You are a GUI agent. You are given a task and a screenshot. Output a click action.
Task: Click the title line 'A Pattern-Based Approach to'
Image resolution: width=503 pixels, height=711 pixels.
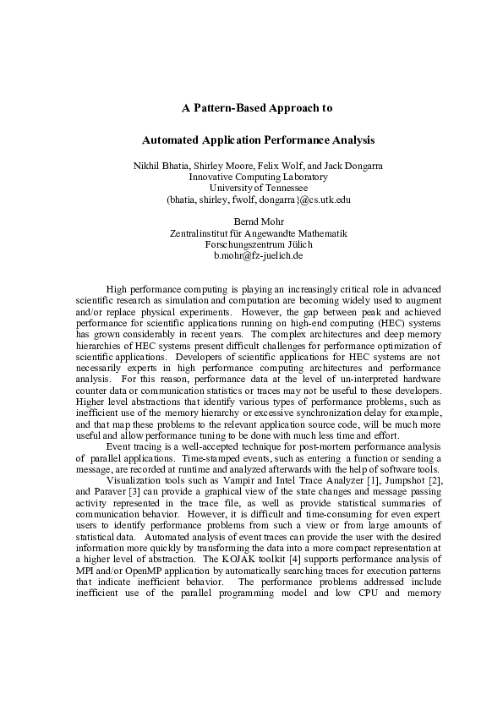pos(257,108)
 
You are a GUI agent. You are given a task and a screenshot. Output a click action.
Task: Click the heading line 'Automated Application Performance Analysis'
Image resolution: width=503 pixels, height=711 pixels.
pos(257,139)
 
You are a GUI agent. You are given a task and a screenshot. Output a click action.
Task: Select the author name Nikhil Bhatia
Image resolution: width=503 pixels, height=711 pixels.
pos(159,167)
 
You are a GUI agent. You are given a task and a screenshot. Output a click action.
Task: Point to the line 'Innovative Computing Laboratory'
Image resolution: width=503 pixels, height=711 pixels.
pos(258,178)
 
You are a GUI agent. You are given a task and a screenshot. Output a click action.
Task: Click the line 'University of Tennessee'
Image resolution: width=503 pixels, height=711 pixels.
pos(258,189)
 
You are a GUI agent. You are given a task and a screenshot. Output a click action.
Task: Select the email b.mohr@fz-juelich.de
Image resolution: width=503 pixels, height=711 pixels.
pos(258,254)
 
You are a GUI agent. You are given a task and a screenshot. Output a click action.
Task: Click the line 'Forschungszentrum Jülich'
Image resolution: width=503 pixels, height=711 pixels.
pos(258,243)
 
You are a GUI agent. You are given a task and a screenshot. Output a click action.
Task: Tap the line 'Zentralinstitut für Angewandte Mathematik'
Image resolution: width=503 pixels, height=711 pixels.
pos(258,232)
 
